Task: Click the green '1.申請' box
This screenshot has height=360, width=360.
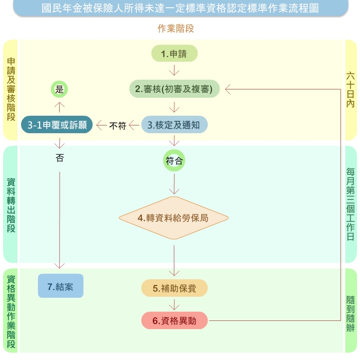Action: click(x=174, y=53)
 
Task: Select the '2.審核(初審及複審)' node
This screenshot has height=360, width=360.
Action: click(x=174, y=89)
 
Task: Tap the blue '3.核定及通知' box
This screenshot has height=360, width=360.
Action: click(x=174, y=125)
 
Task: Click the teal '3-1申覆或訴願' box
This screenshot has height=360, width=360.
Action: click(x=57, y=125)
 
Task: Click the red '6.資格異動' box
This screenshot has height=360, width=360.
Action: click(x=174, y=321)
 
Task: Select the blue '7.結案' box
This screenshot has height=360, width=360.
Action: click(x=61, y=286)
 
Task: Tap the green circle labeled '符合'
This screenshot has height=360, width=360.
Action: click(x=174, y=161)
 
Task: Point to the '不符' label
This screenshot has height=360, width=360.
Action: click(x=118, y=125)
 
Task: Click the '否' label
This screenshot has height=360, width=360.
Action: click(x=60, y=158)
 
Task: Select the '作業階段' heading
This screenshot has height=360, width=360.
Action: click(x=176, y=29)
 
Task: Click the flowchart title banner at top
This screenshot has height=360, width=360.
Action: click(x=179, y=9)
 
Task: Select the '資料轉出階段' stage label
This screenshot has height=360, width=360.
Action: click(x=11, y=205)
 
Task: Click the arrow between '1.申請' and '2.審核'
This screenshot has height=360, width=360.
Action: click(x=174, y=70)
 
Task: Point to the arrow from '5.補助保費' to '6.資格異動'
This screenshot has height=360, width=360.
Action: click(x=174, y=304)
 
